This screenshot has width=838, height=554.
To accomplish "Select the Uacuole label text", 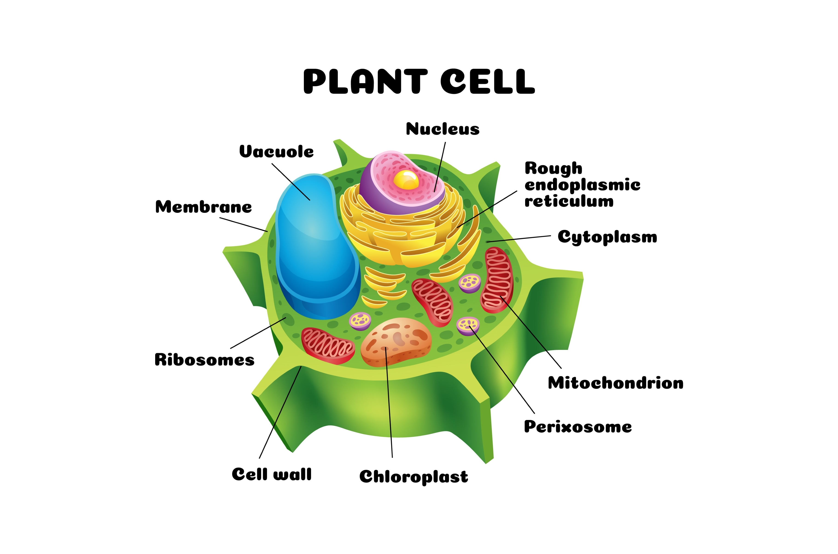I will tap(276, 151).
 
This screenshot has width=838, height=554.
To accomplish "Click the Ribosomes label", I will tap(204, 360).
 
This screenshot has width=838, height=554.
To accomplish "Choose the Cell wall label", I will tap(272, 474).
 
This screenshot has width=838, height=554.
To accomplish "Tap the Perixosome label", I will tap(578, 427).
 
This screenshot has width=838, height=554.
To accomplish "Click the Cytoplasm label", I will tap(607, 237).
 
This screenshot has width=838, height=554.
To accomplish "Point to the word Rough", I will tap(553, 168).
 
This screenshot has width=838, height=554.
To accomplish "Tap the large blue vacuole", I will tap(313, 247).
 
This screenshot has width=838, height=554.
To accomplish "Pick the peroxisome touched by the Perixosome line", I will tap(468, 326).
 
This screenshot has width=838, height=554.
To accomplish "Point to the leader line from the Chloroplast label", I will tap(389, 403).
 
